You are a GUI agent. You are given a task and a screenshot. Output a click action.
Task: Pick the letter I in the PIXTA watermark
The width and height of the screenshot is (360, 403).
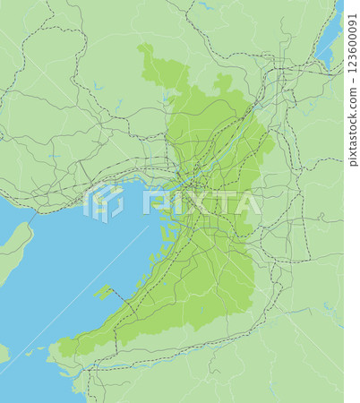[x=170, y=202]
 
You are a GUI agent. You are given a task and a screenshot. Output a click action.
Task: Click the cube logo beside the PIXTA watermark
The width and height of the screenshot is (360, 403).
[x=103, y=202]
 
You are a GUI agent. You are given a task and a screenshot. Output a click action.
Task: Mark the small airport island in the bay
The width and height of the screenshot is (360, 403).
[x=105, y=292]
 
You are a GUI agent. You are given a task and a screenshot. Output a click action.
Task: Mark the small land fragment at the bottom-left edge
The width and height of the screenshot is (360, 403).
[x=4, y=354]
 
